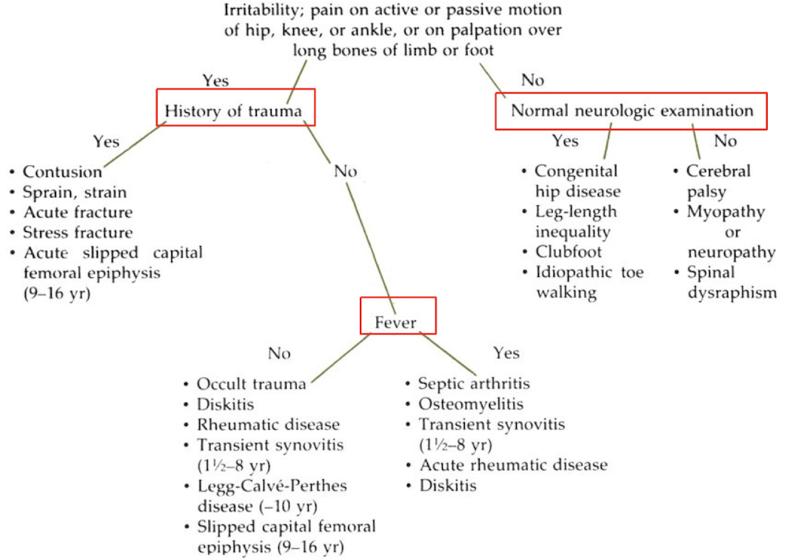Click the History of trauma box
point(233,111)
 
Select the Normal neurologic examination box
point(632,111)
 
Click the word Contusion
point(62,172)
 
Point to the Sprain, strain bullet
point(74,193)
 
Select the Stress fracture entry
point(78,233)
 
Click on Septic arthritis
point(474,384)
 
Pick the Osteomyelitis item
point(470,404)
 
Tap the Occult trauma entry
point(251,384)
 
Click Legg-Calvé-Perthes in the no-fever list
point(271,486)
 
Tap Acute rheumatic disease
point(513,465)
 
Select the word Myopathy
point(725,212)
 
